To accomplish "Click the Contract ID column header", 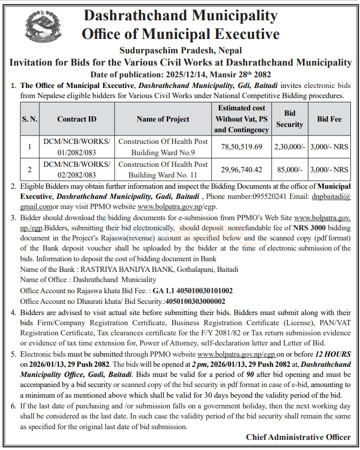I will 77,119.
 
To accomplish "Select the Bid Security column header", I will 289,119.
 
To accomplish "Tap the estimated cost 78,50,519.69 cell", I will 243,146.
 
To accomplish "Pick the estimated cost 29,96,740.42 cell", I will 243,170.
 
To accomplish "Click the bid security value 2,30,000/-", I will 289,146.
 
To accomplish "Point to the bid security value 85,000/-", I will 289,170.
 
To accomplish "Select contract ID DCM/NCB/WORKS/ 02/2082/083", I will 77,170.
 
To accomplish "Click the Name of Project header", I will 163,119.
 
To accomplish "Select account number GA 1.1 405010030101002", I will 193,291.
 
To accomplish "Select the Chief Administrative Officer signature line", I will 298,437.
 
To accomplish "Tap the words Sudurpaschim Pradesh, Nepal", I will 180,51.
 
